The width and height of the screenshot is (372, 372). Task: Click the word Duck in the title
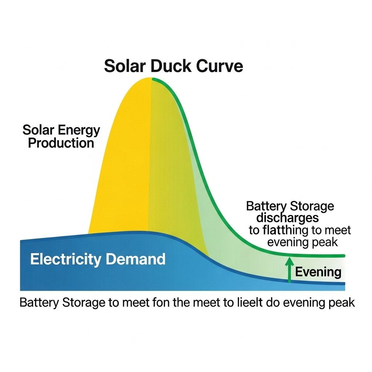[x=170, y=66]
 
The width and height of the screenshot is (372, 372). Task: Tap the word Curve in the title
[x=219, y=66]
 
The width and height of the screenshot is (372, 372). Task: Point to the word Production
[x=61, y=143]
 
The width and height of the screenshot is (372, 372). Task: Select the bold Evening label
[x=318, y=272]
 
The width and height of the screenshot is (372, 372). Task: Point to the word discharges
[x=287, y=218]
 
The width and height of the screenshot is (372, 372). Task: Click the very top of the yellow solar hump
[x=150, y=78]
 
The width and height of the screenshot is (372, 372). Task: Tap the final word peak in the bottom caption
[x=341, y=303]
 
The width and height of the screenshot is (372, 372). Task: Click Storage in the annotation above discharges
[x=312, y=206]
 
